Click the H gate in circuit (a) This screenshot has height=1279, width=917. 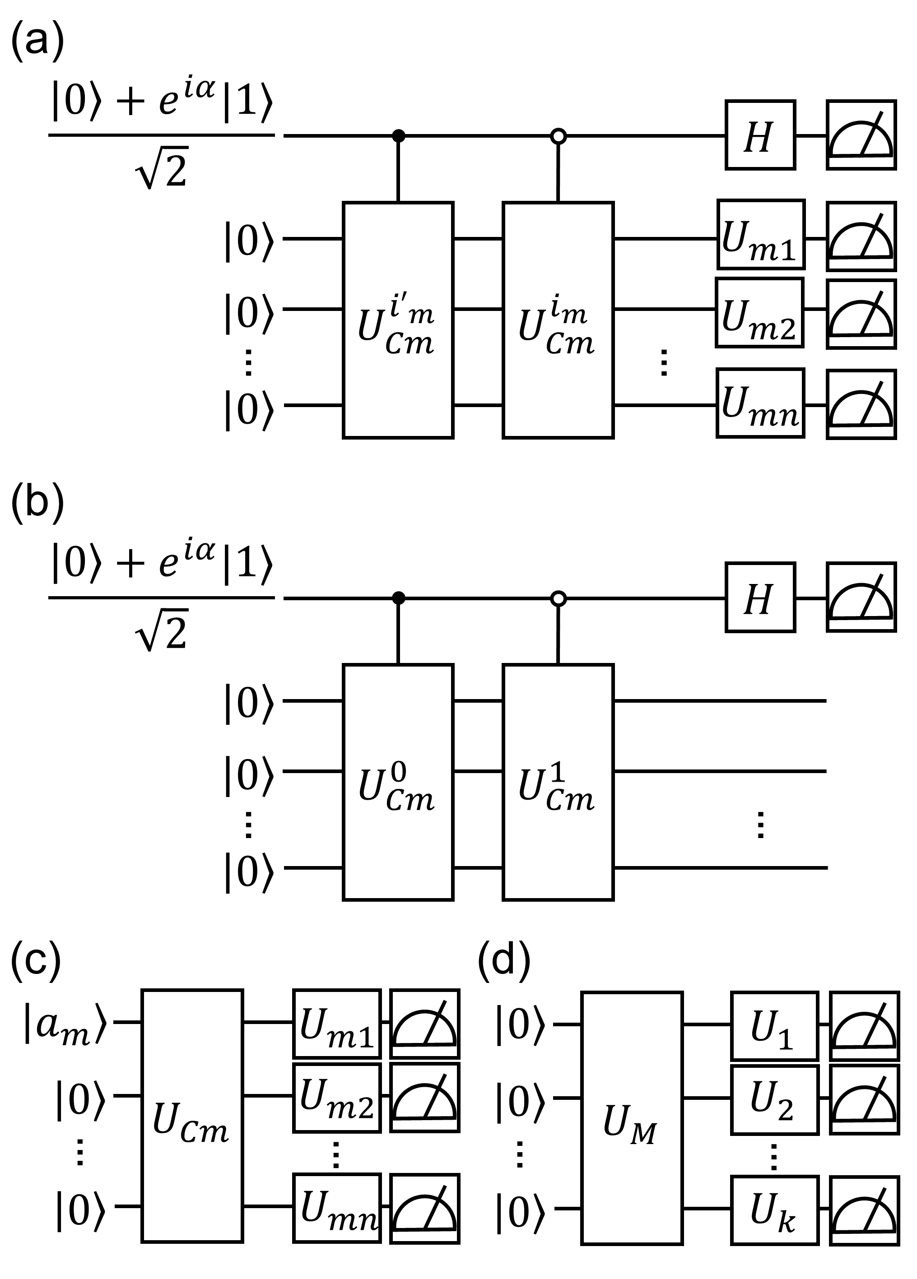pyautogui.click(x=760, y=135)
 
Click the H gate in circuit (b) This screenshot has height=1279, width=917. pyautogui.click(x=760, y=597)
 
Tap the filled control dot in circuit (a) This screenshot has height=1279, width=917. pyautogui.click(x=399, y=135)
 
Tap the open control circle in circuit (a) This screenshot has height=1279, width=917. pyautogui.click(x=558, y=135)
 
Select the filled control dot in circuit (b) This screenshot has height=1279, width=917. pyautogui.click(x=399, y=598)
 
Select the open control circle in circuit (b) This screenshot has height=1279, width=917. pyautogui.click(x=558, y=598)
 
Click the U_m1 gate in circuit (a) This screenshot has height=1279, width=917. pyautogui.click(x=761, y=234)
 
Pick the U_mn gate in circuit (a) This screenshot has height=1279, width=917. pyautogui.click(x=761, y=403)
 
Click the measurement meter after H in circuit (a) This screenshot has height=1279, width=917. pyautogui.click(x=861, y=135)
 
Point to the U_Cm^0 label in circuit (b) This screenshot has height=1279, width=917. pyautogui.click(x=397, y=787)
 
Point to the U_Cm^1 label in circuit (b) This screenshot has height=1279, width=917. pyautogui.click(x=556, y=787)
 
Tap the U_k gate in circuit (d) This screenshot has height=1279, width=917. pyautogui.click(x=774, y=1209)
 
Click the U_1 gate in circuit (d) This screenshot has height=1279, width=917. pyautogui.click(x=774, y=1026)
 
